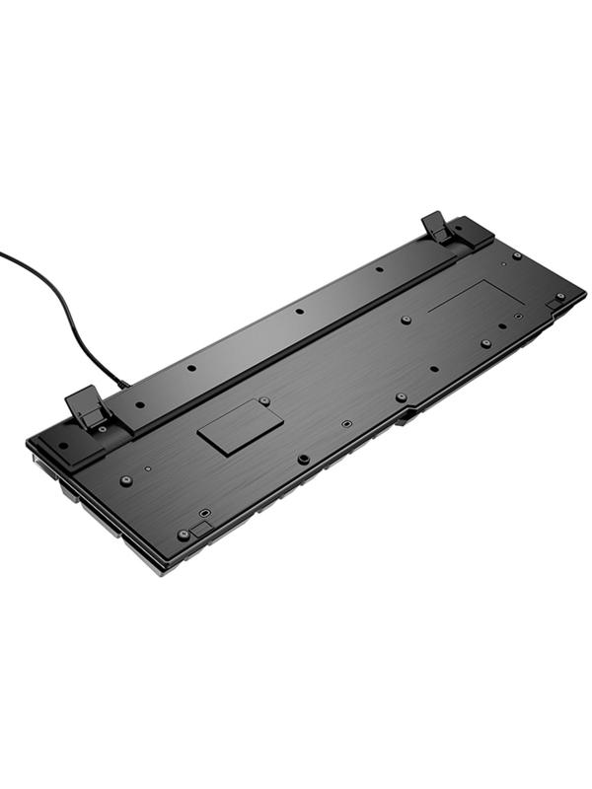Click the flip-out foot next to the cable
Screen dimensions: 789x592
(87, 406)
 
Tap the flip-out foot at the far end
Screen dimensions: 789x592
(437, 228)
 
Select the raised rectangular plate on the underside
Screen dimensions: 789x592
(240, 425)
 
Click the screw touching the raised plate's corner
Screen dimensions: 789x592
(264, 401)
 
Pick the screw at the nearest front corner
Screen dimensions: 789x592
(183, 535)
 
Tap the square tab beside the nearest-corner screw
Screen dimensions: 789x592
(200, 530)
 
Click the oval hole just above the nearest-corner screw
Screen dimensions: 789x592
(204, 514)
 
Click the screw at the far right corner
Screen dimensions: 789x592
(559, 296)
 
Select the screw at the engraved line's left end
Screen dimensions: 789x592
(406, 321)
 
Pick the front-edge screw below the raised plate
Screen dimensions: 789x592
(303, 459)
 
